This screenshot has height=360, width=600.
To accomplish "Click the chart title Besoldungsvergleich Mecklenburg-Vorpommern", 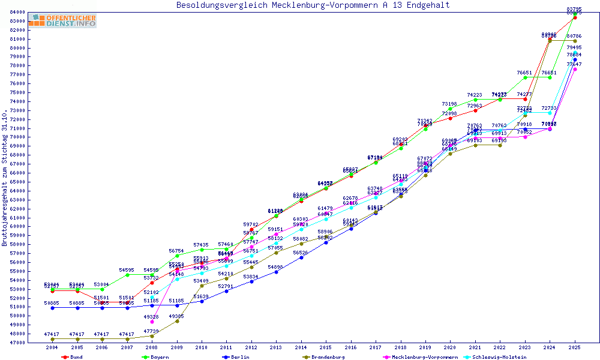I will (313, 5).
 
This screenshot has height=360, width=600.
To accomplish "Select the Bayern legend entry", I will (160, 357).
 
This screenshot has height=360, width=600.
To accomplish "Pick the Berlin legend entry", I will (239, 357).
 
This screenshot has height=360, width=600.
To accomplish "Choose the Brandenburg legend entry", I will (327, 357).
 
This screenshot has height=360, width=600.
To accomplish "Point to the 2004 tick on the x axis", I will (53, 347).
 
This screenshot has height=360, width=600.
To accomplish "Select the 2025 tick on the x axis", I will (575, 347).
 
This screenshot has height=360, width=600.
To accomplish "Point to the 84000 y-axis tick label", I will (17, 12).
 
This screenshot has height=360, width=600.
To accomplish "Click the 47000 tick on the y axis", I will (17, 343).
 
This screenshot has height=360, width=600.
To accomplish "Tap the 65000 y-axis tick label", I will (17, 182).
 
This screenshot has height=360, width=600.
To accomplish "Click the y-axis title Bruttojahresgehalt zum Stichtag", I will (5, 178).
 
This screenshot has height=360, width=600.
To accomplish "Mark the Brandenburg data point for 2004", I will (53, 339).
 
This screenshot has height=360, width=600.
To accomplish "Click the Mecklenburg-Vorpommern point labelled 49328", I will (152, 322).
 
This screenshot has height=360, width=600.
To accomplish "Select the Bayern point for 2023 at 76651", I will (525, 77).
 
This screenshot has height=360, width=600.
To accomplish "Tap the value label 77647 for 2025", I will (575, 64).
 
